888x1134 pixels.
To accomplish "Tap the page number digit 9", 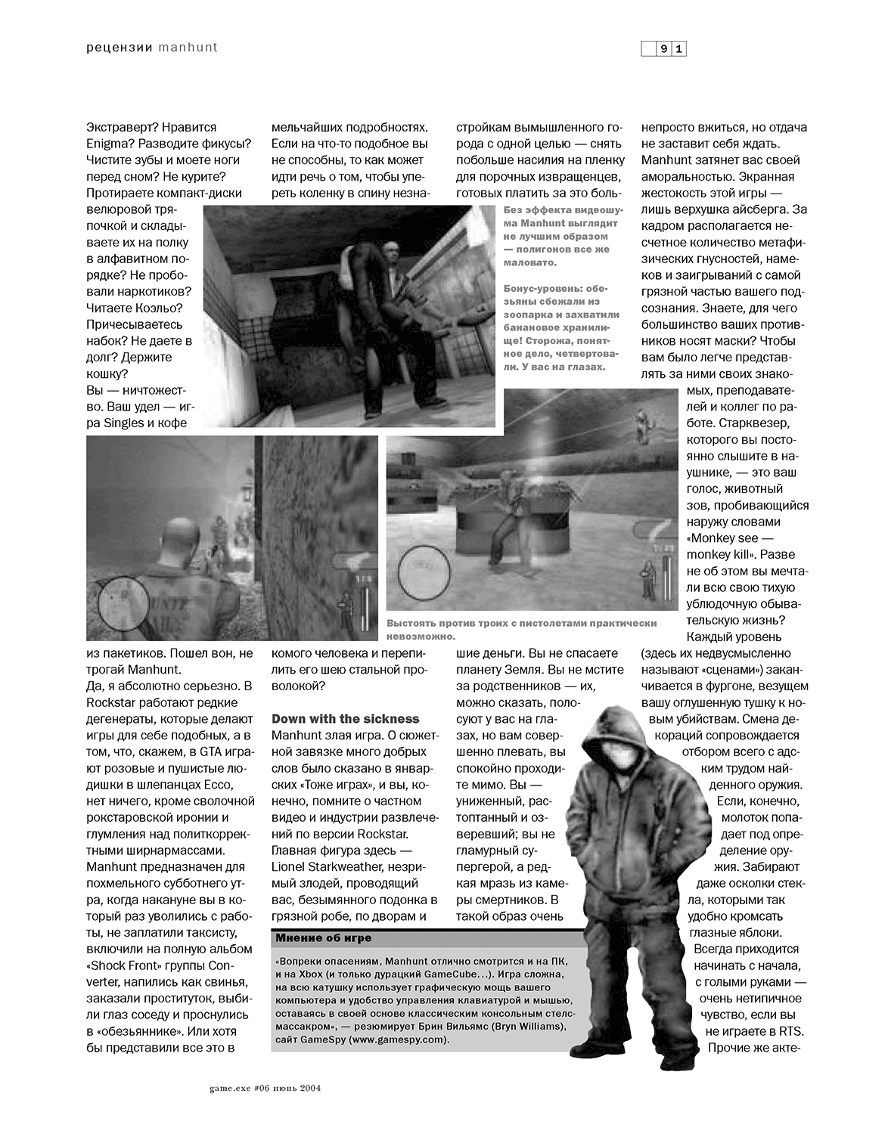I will click(663, 49).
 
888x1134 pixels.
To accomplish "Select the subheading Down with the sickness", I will click(345, 718).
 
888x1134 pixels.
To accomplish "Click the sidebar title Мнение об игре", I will click(324, 938).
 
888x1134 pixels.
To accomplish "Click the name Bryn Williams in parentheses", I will click(524, 1027).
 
